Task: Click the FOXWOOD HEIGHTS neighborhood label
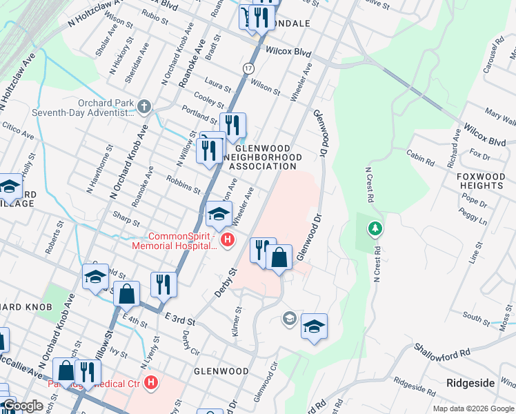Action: [481, 181]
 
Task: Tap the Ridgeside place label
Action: [470, 382]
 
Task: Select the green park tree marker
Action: [375, 227]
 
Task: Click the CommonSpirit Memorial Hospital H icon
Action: [227, 239]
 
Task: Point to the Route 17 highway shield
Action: [248, 69]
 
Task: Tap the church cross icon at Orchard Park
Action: [143, 106]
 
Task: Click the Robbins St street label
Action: [183, 184]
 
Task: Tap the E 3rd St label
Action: [181, 318]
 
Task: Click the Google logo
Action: [22, 406]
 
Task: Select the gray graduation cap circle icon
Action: [290, 318]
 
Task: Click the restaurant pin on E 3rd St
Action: [163, 284]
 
